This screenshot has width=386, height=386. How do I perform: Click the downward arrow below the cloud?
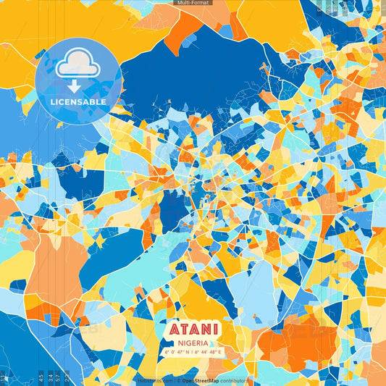[75, 85]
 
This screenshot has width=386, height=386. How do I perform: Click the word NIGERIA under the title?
[193, 342]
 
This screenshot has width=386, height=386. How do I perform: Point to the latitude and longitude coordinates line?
[193, 353]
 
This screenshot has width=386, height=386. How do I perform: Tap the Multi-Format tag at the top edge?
[193, 3]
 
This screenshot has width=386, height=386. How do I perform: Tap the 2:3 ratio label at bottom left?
[67, 377]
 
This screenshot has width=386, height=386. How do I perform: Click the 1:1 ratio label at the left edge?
[3, 377]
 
